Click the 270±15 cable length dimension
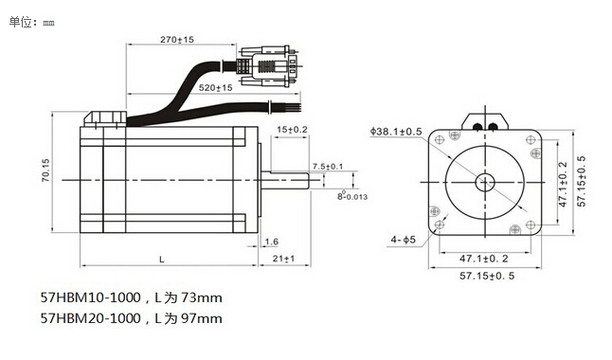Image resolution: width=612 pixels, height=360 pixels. [177, 40]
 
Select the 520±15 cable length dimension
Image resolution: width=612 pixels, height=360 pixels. [215, 88]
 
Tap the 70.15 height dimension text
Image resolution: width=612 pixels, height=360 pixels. [45, 171]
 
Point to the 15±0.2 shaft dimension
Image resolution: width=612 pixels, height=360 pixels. [292, 130]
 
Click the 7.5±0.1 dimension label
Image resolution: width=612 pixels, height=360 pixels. [328, 167]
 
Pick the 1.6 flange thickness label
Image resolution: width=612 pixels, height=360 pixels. [272, 242]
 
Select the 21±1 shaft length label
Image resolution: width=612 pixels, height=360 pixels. [284, 259]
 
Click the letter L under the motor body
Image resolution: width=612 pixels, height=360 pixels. [162, 260]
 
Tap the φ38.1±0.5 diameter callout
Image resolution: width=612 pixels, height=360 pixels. [396, 132]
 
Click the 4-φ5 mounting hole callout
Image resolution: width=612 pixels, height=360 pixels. [404, 240]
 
